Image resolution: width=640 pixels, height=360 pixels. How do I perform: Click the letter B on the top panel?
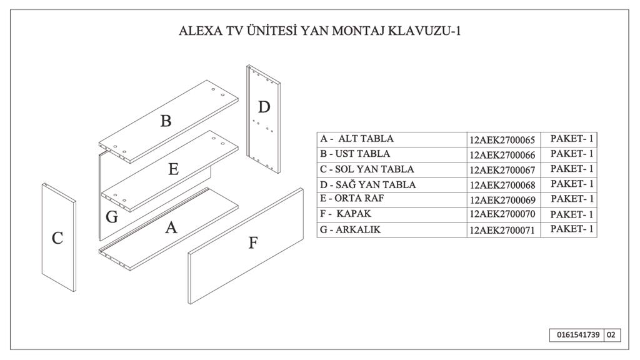pyautogui.click(x=166, y=121)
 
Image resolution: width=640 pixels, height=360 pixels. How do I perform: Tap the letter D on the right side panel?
pyautogui.click(x=264, y=107)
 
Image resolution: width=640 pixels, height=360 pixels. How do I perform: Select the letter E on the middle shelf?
pyautogui.click(x=174, y=169)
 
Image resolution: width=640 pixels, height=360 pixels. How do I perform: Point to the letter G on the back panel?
pyautogui.click(x=112, y=217)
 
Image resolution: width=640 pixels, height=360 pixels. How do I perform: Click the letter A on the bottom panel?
pyautogui.click(x=171, y=227)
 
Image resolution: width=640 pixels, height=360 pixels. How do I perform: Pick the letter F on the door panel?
pyautogui.click(x=253, y=243)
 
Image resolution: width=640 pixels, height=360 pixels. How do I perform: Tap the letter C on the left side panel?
pyautogui.click(x=57, y=238)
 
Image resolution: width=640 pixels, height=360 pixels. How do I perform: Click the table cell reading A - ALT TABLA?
pyautogui.click(x=392, y=139)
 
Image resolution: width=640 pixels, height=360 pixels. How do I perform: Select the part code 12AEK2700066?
pyautogui.click(x=502, y=155)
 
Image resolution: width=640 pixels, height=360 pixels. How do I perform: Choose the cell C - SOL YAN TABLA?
pyautogui.click(x=392, y=169)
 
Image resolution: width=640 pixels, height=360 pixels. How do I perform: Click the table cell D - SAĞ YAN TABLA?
pyautogui.click(x=392, y=184)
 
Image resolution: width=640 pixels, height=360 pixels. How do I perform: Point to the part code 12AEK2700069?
pyautogui.click(x=502, y=200)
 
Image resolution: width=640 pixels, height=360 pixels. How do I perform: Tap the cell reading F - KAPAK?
pyautogui.click(x=392, y=215)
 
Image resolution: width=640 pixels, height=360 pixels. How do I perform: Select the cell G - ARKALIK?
pyautogui.click(x=392, y=230)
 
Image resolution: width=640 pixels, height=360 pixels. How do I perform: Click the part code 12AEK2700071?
pyautogui.click(x=502, y=230)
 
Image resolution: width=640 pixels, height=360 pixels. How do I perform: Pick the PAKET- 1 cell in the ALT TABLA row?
pyautogui.click(x=569, y=139)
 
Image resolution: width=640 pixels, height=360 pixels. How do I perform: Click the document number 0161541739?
pyautogui.click(x=578, y=335)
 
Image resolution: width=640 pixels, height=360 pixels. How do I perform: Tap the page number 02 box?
pyautogui.click(x=611, y=335)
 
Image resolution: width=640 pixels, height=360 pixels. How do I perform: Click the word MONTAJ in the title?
pyautogui.click(x=358, y=31)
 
